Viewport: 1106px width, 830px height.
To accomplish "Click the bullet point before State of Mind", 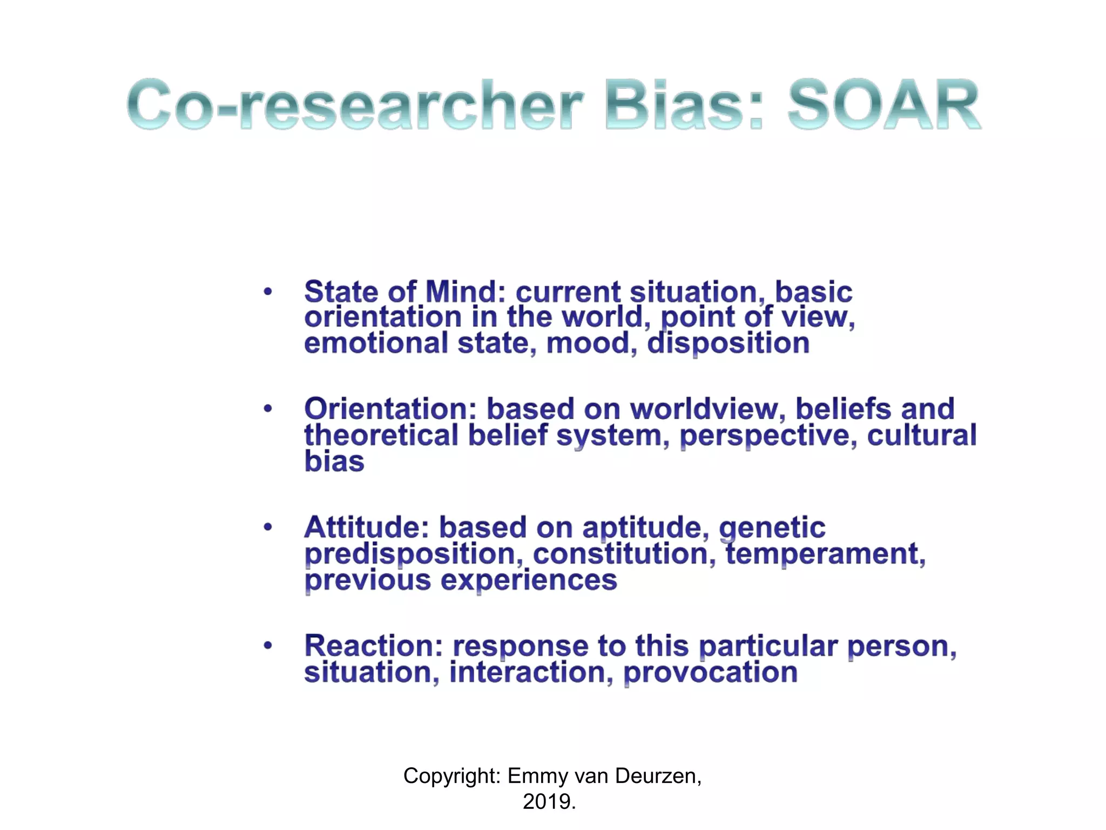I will pos(268,292).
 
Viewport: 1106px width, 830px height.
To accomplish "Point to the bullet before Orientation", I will pos(268,409).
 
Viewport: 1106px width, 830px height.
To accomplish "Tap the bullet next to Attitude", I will pos(268,527).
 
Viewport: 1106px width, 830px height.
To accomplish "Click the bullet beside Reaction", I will pos(268,645).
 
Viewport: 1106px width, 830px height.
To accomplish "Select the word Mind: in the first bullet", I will pos(465,292).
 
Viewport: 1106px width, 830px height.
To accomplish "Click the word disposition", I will pos(728,344).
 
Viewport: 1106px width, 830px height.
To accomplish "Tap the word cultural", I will pos(922,436).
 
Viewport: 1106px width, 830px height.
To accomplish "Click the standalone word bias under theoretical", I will pos(334,461).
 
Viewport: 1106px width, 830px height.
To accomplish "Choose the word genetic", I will pos(772,528).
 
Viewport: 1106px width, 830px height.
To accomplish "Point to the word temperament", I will pos(825,554).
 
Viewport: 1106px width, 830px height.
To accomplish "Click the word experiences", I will pos(529,580).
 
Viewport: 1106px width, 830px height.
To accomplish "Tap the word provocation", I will pos(710,673).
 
